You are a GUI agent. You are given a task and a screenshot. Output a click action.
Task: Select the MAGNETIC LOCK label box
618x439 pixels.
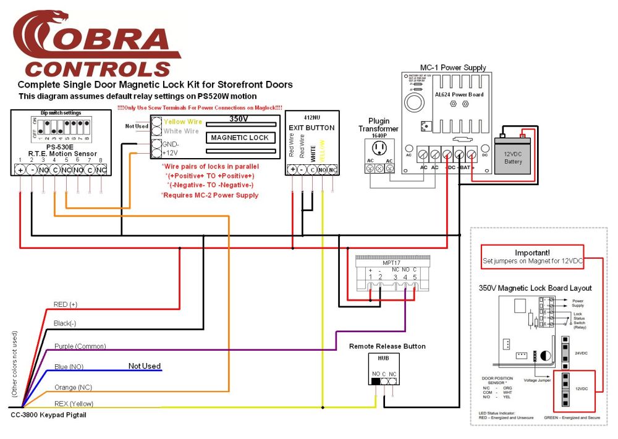tap(240, 138)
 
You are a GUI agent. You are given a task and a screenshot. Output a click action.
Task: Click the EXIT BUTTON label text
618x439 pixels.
tap(311, 128)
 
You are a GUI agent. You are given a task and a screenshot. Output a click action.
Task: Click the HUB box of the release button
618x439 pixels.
tap(383, 357)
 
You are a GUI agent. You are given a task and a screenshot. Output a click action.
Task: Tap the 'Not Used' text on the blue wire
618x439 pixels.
tap(145, 366)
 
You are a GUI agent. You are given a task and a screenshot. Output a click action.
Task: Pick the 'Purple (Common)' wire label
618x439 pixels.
tap(80, 346)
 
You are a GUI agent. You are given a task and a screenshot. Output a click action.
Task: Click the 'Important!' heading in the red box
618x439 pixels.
tap(533, 253)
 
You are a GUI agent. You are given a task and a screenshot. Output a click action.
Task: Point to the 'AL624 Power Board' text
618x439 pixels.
tap(459, 94)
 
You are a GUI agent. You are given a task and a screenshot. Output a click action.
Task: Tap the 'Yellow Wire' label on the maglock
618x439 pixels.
tap(183, 122)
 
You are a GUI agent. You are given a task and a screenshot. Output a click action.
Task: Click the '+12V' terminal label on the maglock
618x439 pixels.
tap(171, 153)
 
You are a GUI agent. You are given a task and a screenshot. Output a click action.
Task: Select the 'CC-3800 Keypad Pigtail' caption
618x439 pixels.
tap(49, 415)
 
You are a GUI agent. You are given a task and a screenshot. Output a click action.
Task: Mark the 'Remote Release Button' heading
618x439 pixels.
tap(387, 346)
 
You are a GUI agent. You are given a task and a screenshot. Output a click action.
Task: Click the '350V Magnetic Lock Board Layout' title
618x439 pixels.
tap(535, 288)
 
